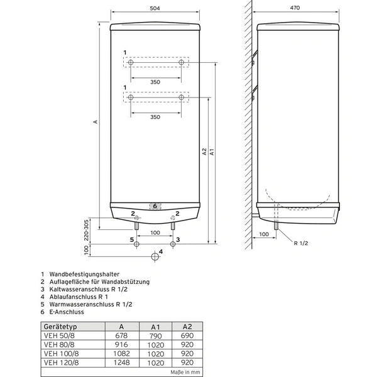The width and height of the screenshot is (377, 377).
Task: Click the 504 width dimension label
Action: tap(155, 8)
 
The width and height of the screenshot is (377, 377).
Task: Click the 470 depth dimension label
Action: tap(295, 8)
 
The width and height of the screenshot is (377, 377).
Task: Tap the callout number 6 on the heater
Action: tap(155, 206)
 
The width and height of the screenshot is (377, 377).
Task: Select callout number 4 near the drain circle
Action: tap(161, 251)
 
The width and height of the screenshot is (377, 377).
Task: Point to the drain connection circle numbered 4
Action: tap(155, 256)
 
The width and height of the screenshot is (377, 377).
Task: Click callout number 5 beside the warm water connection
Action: tap(132, 239)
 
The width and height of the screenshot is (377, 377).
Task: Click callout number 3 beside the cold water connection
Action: tap(178, 239)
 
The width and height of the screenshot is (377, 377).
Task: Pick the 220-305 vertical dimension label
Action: tap(86, 231)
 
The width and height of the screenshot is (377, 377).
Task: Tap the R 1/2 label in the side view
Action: tap(301, 243)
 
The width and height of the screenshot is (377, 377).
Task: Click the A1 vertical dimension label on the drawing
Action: tap(212, 152)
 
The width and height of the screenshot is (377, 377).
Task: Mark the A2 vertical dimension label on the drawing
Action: tap(204, 151)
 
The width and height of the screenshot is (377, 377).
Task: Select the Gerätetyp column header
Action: tap(60, 327)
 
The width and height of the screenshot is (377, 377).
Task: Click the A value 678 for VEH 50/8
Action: tap(121, 336)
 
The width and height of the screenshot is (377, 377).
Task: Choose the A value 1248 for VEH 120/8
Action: tap(121, 363)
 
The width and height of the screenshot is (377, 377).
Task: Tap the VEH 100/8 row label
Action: tap(62, 354)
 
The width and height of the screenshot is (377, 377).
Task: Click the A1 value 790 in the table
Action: tap(156, 336)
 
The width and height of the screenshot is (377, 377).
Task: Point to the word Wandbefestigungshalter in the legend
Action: tap(84, 274)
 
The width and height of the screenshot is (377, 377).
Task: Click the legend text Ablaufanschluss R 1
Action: tap(79, 297)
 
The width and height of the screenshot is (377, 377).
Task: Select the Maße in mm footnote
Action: tap(185, 372)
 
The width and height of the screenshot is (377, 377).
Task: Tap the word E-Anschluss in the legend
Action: tap(67, 312)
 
